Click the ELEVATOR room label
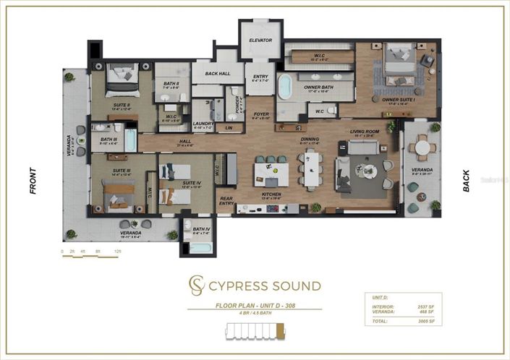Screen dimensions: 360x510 260,40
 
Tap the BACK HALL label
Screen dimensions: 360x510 217,74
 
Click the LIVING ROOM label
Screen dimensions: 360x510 365,132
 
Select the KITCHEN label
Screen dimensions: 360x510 271,194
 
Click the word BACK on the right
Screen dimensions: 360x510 466,181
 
